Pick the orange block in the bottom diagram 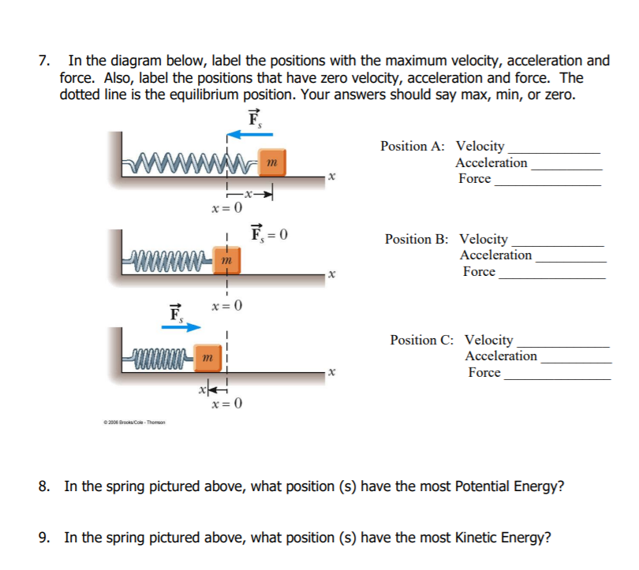coord(207,360)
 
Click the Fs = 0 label coord(269,233)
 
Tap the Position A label coord(412,146)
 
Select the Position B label coord(417,239)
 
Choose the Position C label coord(421,340)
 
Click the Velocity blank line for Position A coord(554,151)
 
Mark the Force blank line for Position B coord(552,278)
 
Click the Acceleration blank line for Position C coord(576,362)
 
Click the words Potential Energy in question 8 coord(506,486)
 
